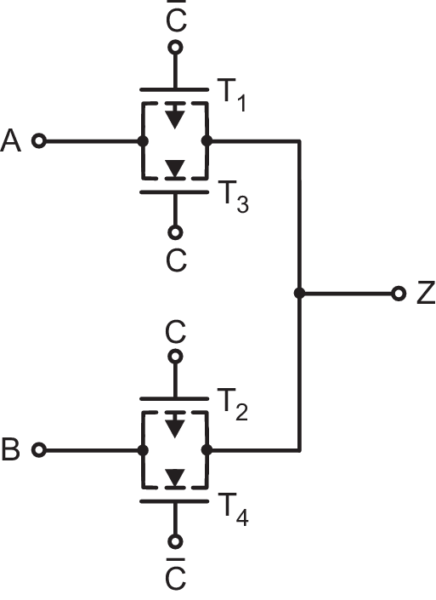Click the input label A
click(12, 140)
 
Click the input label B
click(11, 450)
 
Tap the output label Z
click(425, 294)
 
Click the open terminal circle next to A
click(38, 140)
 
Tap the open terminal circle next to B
click(38, 449)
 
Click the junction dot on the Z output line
click(298, 294)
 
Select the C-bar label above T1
click(176, 16)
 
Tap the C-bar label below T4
click(176, 574)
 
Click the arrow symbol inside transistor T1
click(175, 117)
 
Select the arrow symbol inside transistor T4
click(175, 479)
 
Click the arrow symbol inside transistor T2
click(175, 426)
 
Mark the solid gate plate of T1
click(175, 89)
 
